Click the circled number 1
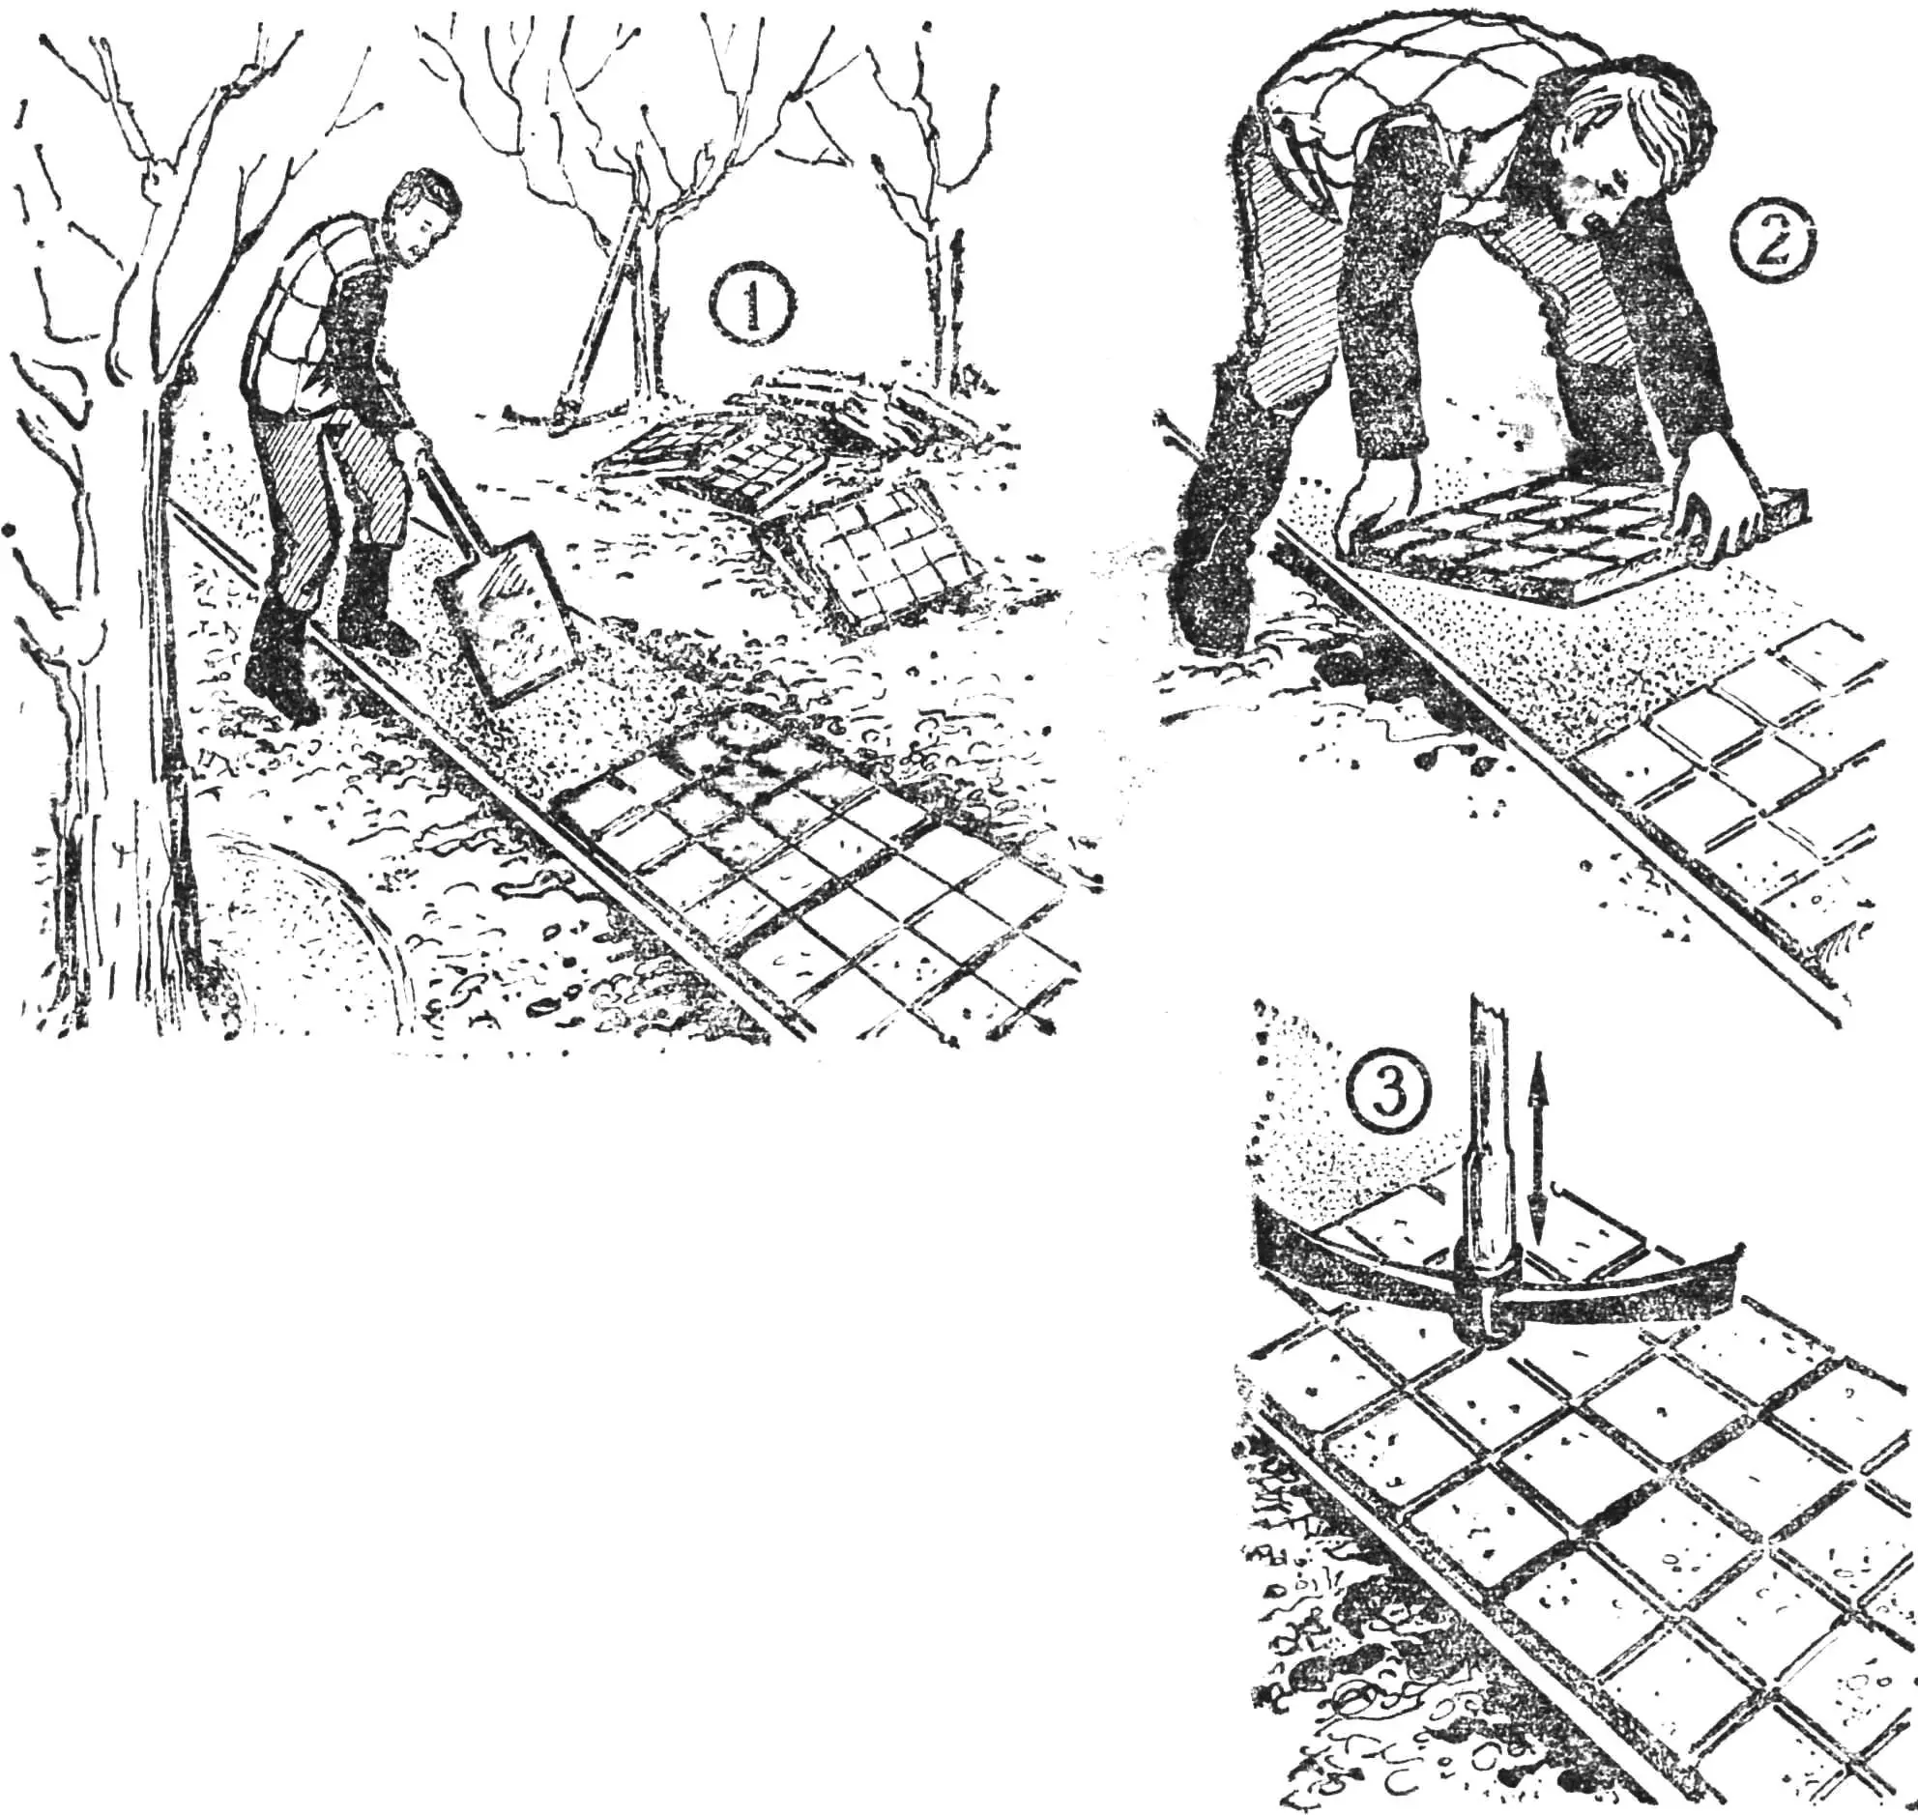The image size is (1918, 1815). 751,302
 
